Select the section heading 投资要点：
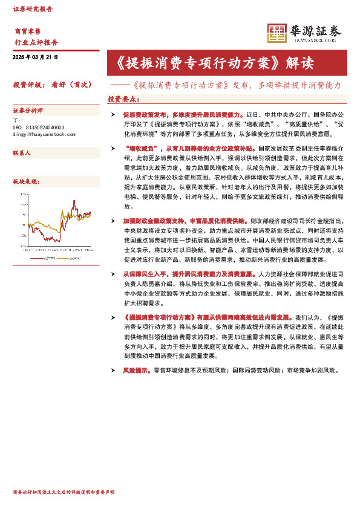(123, 99)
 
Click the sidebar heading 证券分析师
(28, 111)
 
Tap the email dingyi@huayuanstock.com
(44, 134)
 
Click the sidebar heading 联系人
(22, 154)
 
